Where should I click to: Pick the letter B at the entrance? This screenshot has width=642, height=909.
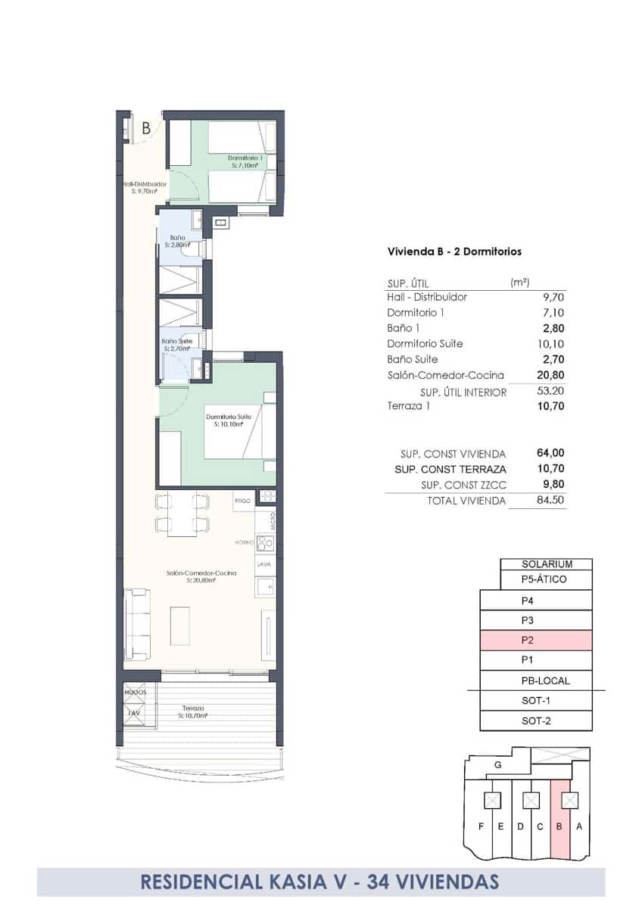pos(145,128)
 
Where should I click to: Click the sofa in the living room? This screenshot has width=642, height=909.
pos(138,626)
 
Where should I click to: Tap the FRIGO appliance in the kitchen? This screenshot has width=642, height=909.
pos(242,501)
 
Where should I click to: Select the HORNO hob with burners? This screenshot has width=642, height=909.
pos(264,542)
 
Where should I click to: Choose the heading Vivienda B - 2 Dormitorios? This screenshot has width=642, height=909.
pos(454,251)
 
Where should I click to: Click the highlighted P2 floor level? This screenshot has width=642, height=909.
pos(536,640)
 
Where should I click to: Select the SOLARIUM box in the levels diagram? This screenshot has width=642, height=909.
pos(546,564)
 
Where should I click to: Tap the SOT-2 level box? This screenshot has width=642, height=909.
pos(536,721)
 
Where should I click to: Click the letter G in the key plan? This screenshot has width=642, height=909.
pos(497,765)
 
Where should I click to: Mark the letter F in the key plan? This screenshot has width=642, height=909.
pos(481,826)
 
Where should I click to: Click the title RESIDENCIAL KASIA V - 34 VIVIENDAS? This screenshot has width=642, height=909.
pos(320,882)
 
